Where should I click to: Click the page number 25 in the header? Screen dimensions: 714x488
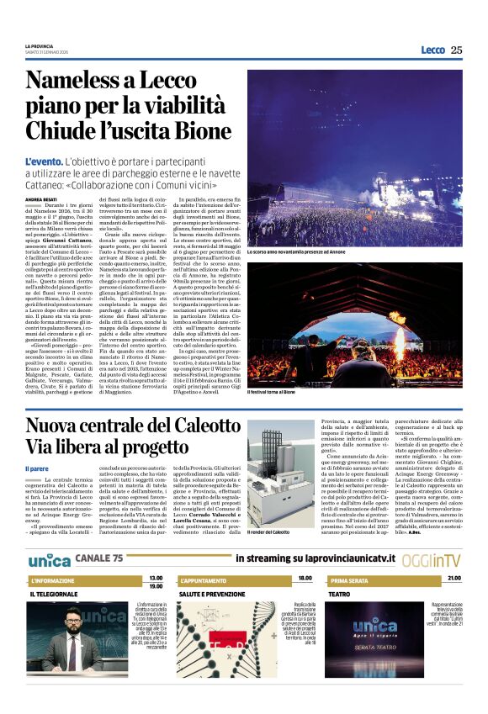pyautogui.click(x=457, y=50)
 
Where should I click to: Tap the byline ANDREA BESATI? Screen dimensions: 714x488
pyautogui.click(x=40, y=198)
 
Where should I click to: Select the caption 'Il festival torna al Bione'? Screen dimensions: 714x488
pyautogui.click(x=271, y=392)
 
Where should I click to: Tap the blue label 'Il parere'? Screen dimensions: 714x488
pyautogui.click(x=37, y=468)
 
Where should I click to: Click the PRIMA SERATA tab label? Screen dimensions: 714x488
pyautogui.click(x=348, y=581)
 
